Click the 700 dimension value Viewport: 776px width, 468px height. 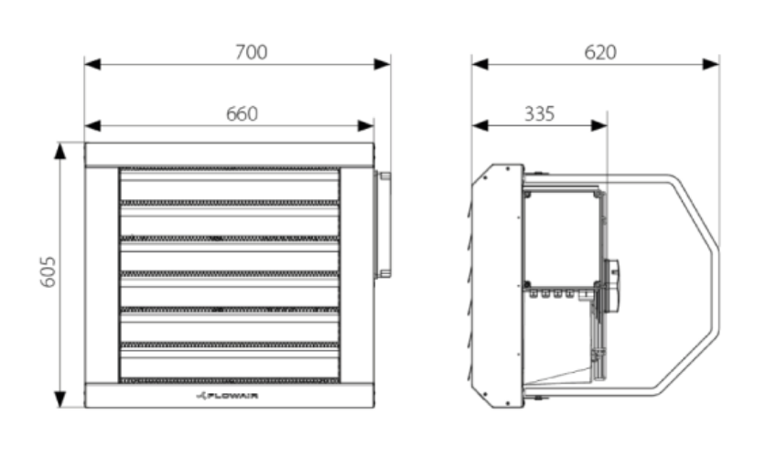pyautogui.click(x=252, y=52)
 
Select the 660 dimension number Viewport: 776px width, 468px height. pyautogui.click(x=242, y=114)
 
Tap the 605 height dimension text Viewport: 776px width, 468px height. pyautogui.click(x=48, y=271)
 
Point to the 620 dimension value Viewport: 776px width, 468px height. pyautogui.click(x=600, y=52)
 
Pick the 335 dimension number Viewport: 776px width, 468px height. pyautogui.click(x=539, y=113)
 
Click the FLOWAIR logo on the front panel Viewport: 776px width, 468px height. pyautogui.click(x=227, y=396)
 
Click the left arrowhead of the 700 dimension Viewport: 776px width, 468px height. pyautogui.click(x=92, y=64)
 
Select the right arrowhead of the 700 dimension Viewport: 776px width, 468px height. pyautogui.click(x=383, y=64)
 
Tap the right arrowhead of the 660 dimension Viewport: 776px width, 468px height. pyautogui.click(x=366, y=126)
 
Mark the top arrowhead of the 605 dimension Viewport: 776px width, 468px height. pyautogui.click(x=59, y=151)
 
